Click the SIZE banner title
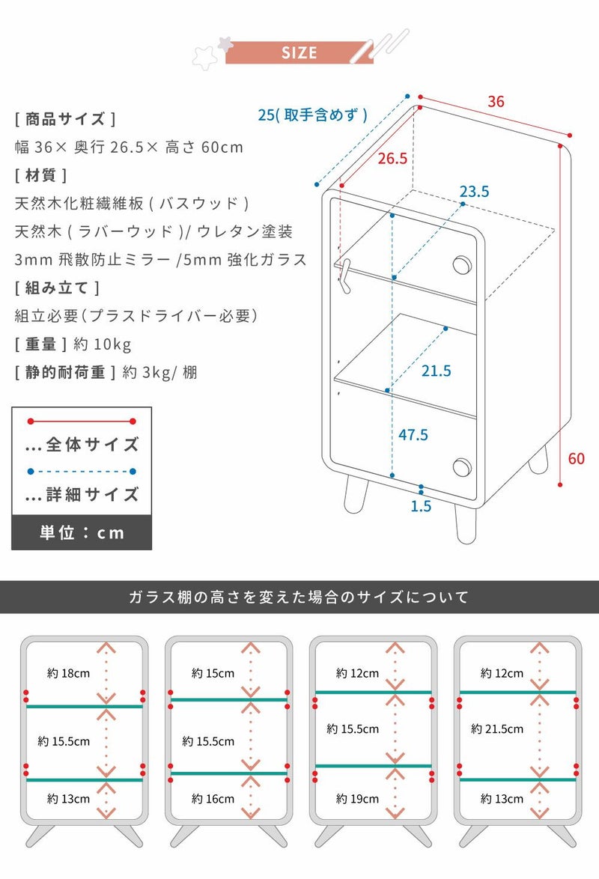point(299,52)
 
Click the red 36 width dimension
point(496,102)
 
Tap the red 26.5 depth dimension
point(392,159)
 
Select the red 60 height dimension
point(576,458)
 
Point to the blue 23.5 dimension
point(475,192)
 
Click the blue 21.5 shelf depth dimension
point(437,371)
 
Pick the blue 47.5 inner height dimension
point(413,434)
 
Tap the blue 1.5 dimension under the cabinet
point(421,506)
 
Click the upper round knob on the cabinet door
point(462,265)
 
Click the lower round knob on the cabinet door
point(462,467)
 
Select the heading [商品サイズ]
point(65,119)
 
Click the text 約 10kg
point(103,344)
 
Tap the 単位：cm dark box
point(82,532)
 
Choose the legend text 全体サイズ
point(92,445)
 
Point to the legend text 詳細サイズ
point(92,494)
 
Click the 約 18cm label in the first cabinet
point(68,673)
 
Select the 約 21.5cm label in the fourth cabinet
point(497,729)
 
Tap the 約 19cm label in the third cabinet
point(357,799)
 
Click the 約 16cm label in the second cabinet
point(213,799)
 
